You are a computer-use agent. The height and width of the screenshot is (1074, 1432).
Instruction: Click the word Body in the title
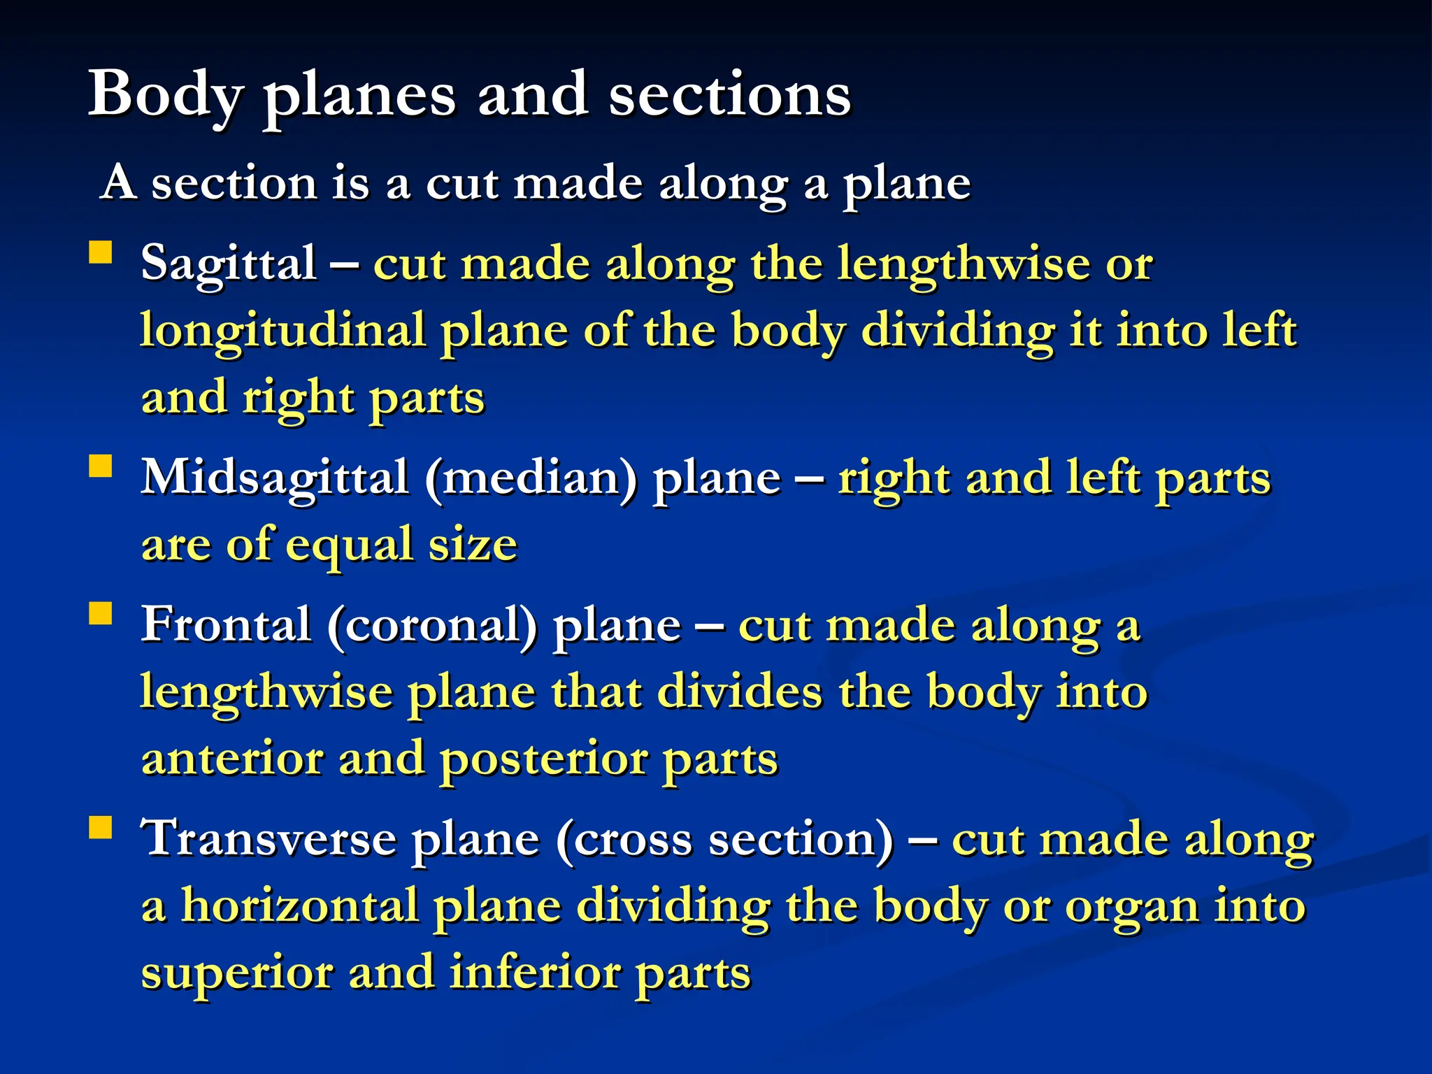click(166, 95)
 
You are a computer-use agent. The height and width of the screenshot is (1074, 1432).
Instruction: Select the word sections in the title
click(729, 95)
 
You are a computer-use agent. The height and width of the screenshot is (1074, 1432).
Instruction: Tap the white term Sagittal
click(229, 264)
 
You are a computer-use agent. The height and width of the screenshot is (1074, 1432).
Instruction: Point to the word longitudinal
click(282, 331)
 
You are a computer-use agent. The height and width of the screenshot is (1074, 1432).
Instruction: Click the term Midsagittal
click(275, 478)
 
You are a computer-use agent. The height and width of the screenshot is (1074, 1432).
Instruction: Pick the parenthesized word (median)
click(531, 478)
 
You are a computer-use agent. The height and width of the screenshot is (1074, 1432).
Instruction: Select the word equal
click(350, 545)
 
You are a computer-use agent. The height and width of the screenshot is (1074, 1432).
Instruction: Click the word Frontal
click(226, 624)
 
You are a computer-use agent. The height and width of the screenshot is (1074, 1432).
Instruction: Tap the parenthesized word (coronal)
click(432, 624)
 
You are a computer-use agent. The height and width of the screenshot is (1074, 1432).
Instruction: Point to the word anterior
click(232, 759)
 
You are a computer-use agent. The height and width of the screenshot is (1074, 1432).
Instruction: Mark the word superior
click(237, 973)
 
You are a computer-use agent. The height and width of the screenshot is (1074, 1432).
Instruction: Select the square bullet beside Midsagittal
click(101, 466)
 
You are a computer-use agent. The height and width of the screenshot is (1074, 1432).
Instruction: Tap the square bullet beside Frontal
click(101, 613)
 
